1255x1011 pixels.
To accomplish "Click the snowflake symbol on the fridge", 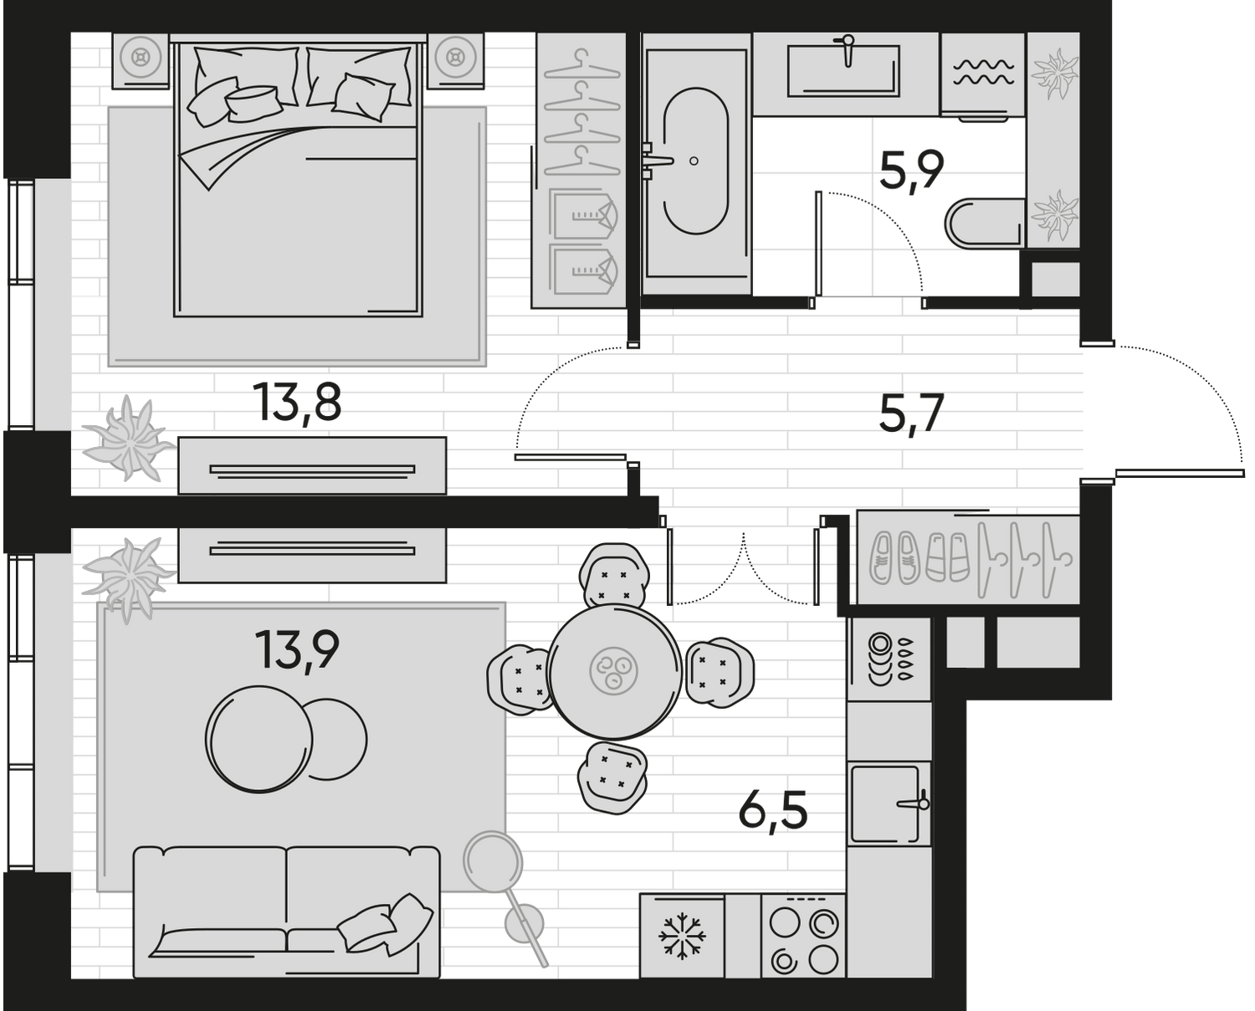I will click(682, 936).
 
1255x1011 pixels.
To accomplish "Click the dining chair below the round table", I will click(613, 776).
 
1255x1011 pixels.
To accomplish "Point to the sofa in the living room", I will click(286, 911).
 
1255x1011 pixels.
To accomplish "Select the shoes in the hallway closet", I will click(916, 557).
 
